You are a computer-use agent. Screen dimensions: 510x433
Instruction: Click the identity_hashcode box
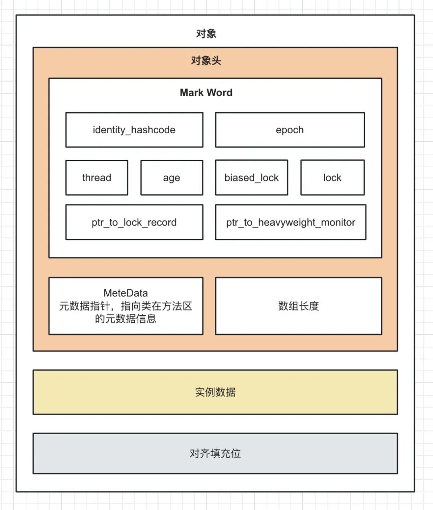click(x=134, y=130)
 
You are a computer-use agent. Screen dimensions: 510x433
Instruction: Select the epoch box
click(x=290, y=130)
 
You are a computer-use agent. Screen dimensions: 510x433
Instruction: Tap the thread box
click(x=97, y=178)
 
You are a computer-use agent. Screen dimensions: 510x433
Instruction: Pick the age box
click(x=172, y=178)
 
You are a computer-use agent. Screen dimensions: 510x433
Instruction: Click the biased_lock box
click(x=251, y=178)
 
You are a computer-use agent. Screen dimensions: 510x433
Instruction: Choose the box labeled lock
click(x=332, y=178)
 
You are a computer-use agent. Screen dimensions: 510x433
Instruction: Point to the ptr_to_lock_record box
click(x=134, y=222)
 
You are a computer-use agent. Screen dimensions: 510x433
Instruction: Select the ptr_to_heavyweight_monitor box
click(x=291, y=222)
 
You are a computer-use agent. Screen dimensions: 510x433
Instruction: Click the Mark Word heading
click(x=206, y=93)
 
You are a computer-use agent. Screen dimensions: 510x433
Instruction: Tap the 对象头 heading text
click(x=206, y=61)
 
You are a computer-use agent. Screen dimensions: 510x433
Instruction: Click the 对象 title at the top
click(x=206, y=34)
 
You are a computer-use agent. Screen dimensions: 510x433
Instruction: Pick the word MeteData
click(x=125, y=293)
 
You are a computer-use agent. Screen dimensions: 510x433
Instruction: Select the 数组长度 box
click(x=299, y=306)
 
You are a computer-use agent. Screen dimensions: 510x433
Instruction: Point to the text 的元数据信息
click(x=125, y=319)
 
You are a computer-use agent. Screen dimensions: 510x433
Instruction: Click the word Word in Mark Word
click(x=220, y=93)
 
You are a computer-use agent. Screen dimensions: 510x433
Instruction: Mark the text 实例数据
click(x=215, y=392)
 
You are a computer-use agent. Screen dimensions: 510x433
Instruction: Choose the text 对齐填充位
click(x=215, y=453)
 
